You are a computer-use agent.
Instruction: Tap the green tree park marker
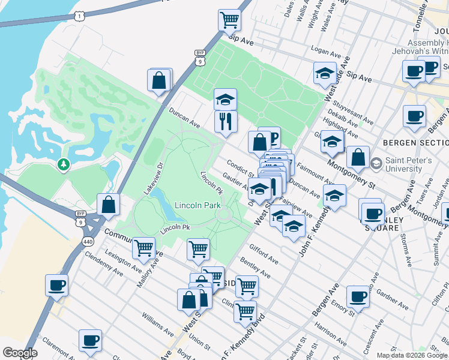click(63, 164)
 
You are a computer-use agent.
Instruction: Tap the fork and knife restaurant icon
click(226, 121)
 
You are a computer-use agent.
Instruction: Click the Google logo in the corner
click(19, 353)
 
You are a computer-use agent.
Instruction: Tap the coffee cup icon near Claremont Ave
click(90, 340)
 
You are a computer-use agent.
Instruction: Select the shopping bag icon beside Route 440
click(108, 205)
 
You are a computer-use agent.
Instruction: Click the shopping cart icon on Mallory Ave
click(144, 247)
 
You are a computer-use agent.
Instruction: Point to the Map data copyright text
click(411, 355)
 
